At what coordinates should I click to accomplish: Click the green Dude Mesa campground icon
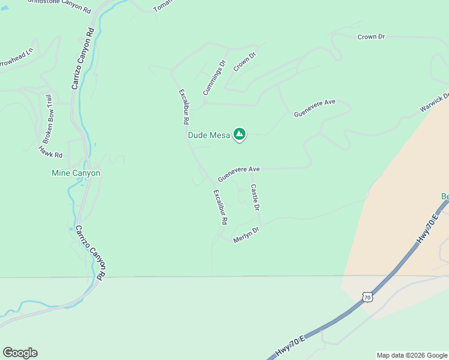(x=240, y=134)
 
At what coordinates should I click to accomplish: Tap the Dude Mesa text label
(x=209, y=136)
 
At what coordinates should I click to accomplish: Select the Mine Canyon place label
(x=75, y=173)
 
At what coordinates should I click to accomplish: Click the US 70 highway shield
(x=367, y=296)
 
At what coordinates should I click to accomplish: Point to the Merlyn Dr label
(x=246, y=234)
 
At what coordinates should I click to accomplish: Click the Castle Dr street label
(x=255, y=197)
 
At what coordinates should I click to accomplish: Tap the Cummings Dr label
(x=214, y=78)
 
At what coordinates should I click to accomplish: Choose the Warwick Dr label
(x=435, y=104)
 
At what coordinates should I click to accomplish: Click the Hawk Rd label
(x=50, y=151)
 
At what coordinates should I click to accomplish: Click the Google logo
(x=20, y=353)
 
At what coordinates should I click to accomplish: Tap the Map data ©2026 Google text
(x=412, y=355)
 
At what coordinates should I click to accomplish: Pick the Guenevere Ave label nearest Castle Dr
(x=238, y=174)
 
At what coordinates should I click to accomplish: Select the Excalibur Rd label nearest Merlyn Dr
(x=220, y=207)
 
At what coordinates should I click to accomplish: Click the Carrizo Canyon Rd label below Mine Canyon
(x=91, y=252)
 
